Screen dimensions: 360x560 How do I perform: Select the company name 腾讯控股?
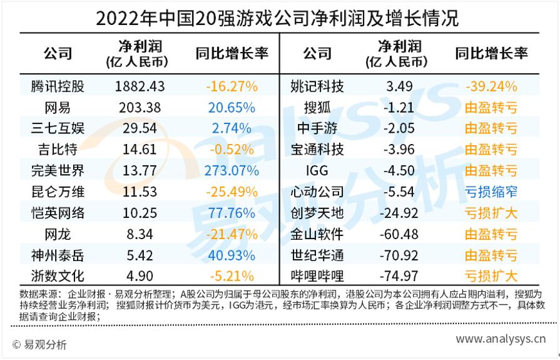pos(58,86)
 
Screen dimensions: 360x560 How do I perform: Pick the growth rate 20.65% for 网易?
pos(231,108)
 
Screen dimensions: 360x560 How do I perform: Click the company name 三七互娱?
pos(58,129)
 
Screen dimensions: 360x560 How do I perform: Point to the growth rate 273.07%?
pos(231,171)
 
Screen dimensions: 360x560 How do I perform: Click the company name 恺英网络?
pos(58,213)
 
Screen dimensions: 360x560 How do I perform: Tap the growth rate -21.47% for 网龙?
pos(231,234)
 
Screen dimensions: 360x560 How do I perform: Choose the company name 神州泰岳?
pos(58,255)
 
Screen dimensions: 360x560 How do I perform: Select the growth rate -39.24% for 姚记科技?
pos(491,86)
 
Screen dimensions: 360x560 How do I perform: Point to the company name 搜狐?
pos(317,108)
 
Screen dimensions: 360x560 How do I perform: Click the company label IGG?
pos(317,171)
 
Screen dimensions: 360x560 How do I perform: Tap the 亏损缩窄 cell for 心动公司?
pos(491,192)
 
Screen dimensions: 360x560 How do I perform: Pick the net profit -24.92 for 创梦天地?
pos(399,213)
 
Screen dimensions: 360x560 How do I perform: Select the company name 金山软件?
pos(317,234)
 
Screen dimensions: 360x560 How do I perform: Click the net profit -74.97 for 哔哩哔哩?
pos(399,276)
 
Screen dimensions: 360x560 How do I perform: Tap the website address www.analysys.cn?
pos(500,339)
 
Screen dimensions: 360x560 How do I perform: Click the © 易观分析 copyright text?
pos(39,344)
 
